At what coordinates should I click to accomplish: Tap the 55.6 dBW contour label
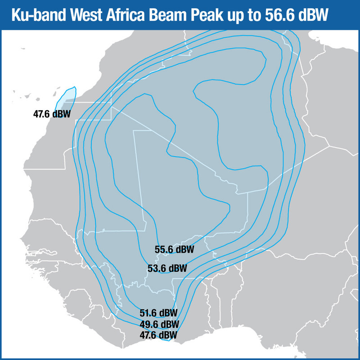(174, 249)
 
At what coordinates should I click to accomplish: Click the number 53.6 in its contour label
(157, 269)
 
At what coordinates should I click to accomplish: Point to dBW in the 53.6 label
(177, 269)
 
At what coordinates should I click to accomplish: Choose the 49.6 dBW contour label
(159, 324)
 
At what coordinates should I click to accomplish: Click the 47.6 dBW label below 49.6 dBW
(158, 335)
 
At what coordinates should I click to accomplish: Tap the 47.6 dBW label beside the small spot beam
(52, 114)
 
